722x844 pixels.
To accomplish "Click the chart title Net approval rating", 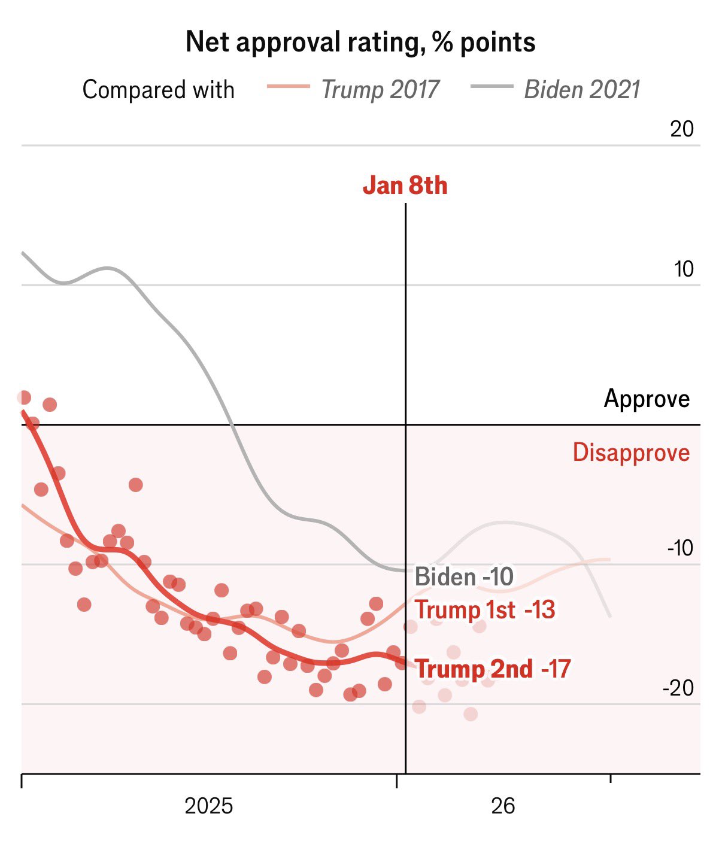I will point(360,42).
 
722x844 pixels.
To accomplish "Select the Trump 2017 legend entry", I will point(380,90).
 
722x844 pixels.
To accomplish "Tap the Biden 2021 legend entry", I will point(582,90).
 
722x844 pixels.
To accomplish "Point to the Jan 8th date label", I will point(405,186).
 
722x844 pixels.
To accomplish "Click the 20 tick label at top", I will point(681,129).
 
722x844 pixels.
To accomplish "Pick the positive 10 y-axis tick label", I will point(684,269).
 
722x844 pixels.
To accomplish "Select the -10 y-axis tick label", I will point(680,548).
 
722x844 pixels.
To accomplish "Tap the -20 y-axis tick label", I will point(678,688).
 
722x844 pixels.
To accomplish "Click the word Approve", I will point(647,399).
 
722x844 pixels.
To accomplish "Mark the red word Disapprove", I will point(631,453).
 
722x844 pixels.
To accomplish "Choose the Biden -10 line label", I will point(464,577).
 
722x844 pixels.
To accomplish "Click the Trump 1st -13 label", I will point(485,610).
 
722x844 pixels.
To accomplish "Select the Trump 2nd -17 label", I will point(492,669).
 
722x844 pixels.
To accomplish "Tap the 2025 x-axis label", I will point(208,806).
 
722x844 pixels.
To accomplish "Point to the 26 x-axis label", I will point(503,806).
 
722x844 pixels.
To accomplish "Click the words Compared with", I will point(158,90).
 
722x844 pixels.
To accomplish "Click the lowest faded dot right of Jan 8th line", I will point(471,714).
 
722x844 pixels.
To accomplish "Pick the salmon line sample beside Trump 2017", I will point(288,87).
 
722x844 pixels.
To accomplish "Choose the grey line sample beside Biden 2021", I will point(492,87).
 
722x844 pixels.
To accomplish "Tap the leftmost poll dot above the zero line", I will point(24,397).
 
